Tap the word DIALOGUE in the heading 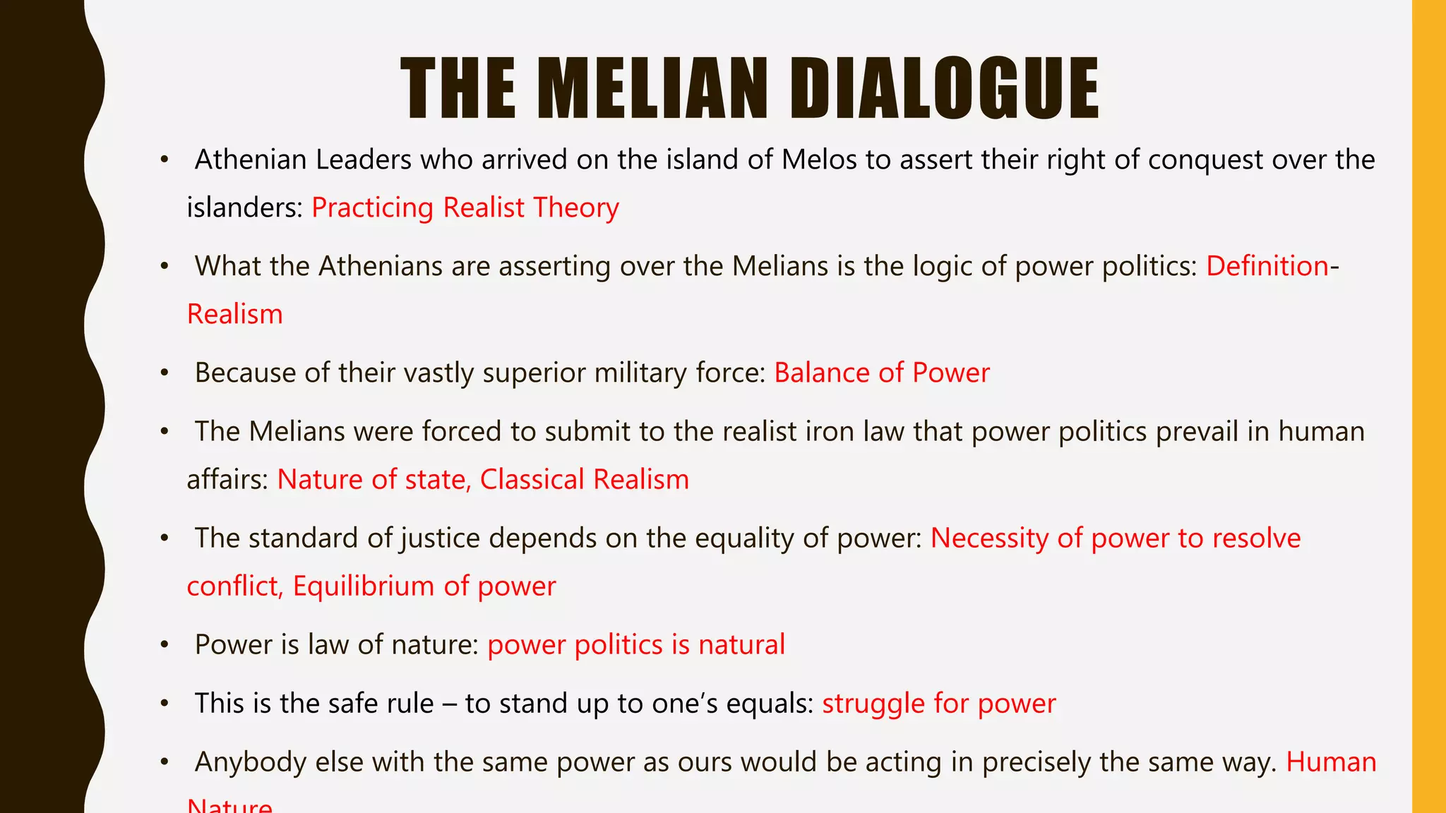point(944,89)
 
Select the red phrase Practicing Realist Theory point(465,208)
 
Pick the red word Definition point(1267,267)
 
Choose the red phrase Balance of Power point(882,373)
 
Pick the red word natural point(741,645)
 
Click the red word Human point(1331,762)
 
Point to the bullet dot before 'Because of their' point(165,373)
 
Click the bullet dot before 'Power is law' point(165,645)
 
